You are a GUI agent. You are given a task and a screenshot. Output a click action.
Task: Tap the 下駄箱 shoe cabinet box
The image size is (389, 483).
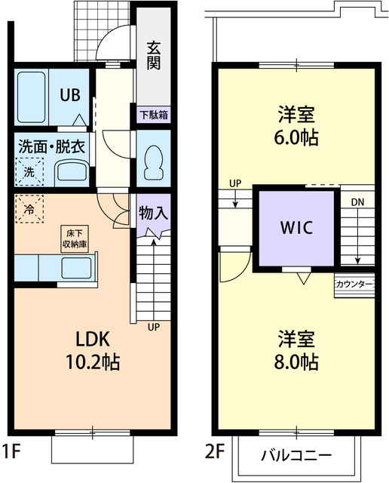pyautogui.click(x=154, y=115)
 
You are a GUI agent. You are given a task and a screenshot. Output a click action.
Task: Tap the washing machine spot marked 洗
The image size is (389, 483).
pyautogui.click(x=29, y=171)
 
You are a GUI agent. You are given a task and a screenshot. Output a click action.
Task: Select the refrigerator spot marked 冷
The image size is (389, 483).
pyautogui.click(x=29, y=208)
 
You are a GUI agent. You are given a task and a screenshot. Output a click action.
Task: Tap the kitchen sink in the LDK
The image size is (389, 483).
pyautogui.click(x=76, y=268)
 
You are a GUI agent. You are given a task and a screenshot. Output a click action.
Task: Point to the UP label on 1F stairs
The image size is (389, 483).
pyautogui.click(x=153, y=328)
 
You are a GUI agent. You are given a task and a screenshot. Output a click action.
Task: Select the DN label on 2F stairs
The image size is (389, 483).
pyautogui.click(x=357, y=202)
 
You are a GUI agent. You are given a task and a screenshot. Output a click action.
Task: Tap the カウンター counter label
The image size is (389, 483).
pyautogui.click(x=354, y=284)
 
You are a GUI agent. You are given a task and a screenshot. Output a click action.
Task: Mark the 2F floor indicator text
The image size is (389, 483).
pyautogui.click(x=214, y=453)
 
